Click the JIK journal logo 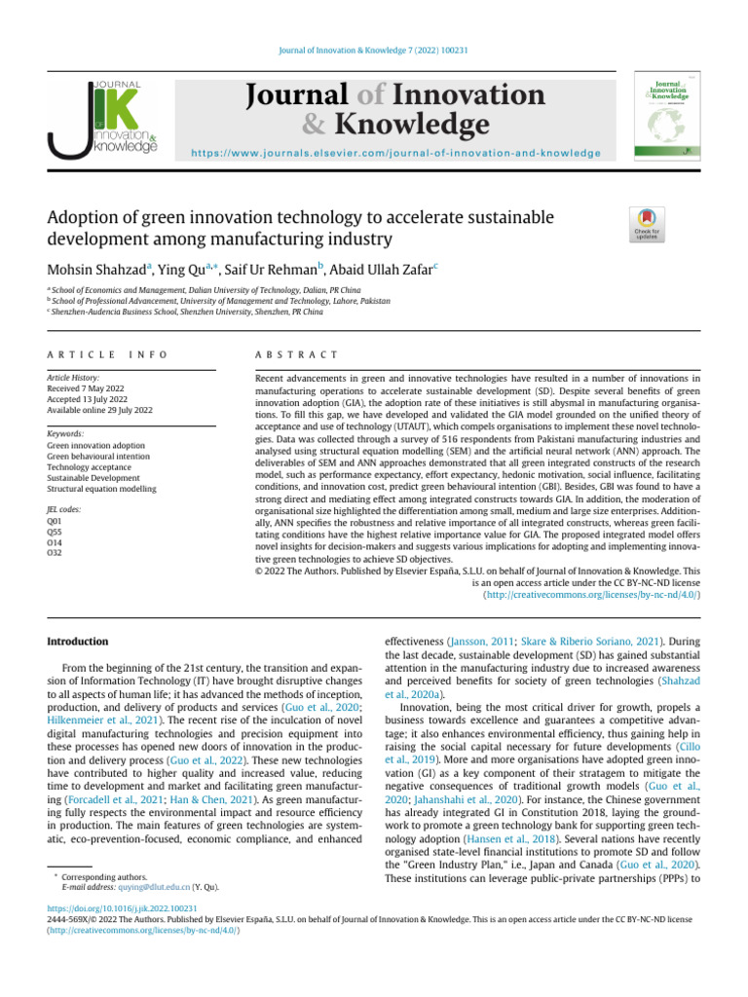coord(102,118)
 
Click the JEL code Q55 coord(56,532)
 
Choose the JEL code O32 coord(56,553)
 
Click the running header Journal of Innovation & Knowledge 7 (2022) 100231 coord(373,50)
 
